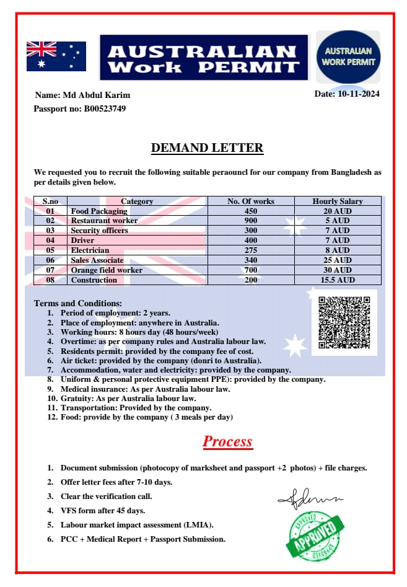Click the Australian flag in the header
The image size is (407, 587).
[x=56, y=56]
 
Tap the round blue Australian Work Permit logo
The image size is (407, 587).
[x=348, y=57]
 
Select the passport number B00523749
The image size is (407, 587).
[x=105, y=108]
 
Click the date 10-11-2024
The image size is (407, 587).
[x=358, y=94]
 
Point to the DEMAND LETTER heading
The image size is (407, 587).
[x=207, y=148]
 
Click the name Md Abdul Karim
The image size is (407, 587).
[x=95, y=95]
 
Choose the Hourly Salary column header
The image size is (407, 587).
[x=338, y=201]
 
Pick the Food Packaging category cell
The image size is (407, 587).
[x=99, y=211]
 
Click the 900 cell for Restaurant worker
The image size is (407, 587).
[x=251, y=221]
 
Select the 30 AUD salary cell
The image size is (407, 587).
[x=338, y=270]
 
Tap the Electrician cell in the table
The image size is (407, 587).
[x=90, y=250]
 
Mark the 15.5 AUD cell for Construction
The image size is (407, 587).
[x=338, y=280]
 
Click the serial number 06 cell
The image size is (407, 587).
[x=50, y=260]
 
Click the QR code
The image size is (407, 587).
[x=344, y=322]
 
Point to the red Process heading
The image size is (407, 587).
[x=227, y=441]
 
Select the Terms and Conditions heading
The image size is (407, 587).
[x=78, y=303]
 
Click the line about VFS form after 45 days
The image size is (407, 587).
[x=103, y=511]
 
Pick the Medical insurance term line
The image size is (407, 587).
[x=145, y=389]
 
